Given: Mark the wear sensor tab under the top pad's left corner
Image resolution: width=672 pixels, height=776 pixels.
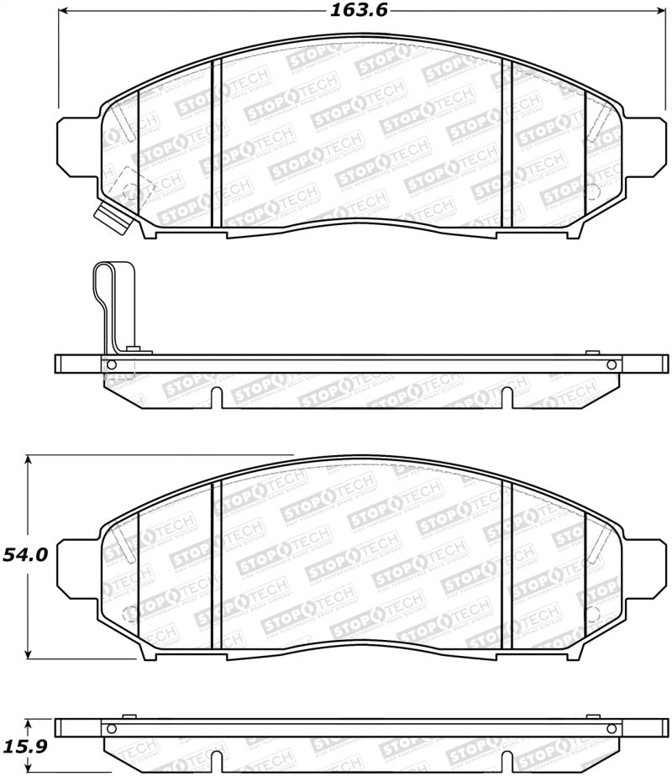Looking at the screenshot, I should pyautogui.click(x=112, y=218).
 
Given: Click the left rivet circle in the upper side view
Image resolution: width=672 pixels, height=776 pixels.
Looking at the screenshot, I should pyautogui.click(x=108, y=364).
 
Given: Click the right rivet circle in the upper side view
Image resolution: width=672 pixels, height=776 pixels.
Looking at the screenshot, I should pyautogui.click(x=612, y=364).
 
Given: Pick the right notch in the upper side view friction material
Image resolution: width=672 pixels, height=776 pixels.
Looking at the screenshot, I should pyautogui.click(x=506, y=397).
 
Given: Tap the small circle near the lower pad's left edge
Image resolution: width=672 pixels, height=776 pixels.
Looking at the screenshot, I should pyautogui.click(x=127, y=611).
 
